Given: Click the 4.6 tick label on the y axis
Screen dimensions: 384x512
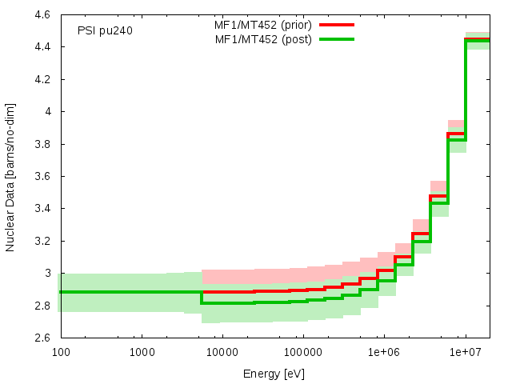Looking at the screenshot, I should (42, 14).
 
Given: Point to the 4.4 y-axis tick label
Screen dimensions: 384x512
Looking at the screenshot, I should (42, 47).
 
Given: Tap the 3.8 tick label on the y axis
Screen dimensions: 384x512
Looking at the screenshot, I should (42, 144).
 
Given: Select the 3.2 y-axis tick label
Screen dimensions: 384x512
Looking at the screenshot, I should (42, 241).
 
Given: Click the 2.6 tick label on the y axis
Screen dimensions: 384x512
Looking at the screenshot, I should (42, 338).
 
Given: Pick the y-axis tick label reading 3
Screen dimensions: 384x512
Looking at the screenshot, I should (47, 273).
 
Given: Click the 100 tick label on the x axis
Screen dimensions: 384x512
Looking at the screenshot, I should (60, 353).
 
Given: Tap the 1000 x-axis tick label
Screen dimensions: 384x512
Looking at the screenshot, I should (142, 353).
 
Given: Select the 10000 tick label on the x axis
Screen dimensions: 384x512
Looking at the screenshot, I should (222, 353).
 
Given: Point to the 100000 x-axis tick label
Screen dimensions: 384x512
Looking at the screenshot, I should (302, 353).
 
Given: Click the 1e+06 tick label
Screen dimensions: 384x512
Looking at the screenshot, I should (384, 353).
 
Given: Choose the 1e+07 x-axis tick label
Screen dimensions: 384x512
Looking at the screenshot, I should (465, 353).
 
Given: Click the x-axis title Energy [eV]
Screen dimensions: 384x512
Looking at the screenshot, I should (274, 374).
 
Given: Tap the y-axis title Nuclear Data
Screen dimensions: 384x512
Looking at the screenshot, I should (10, 176).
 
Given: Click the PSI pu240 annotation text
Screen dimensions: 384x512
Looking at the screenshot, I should (105, 31).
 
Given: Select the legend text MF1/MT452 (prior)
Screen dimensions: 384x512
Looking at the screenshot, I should (263, 24).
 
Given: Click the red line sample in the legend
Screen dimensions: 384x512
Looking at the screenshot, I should (336, 25).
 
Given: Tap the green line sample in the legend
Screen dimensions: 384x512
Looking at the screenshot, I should (336, 38).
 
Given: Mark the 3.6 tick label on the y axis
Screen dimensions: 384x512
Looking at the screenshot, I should (42, 176).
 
